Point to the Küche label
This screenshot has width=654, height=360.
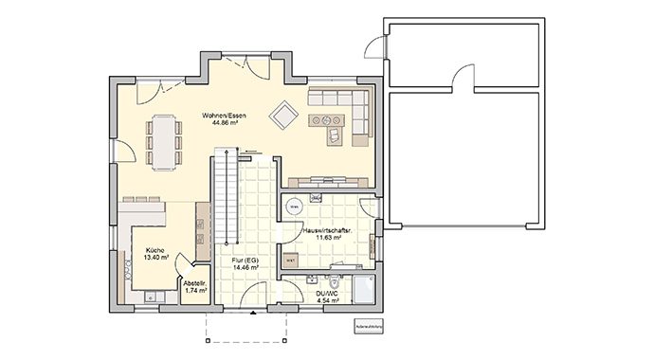[x=154, y=249]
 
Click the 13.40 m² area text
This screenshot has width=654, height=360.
[x=154, y=257]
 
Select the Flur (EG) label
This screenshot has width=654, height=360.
[x=245, y=261]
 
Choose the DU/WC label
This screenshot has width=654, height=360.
[x=326, y=295]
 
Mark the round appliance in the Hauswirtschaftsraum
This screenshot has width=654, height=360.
[x=294, y=206]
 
